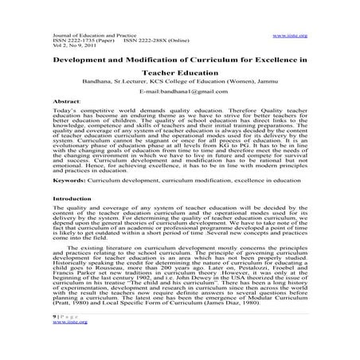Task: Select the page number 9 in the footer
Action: [53, 315]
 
